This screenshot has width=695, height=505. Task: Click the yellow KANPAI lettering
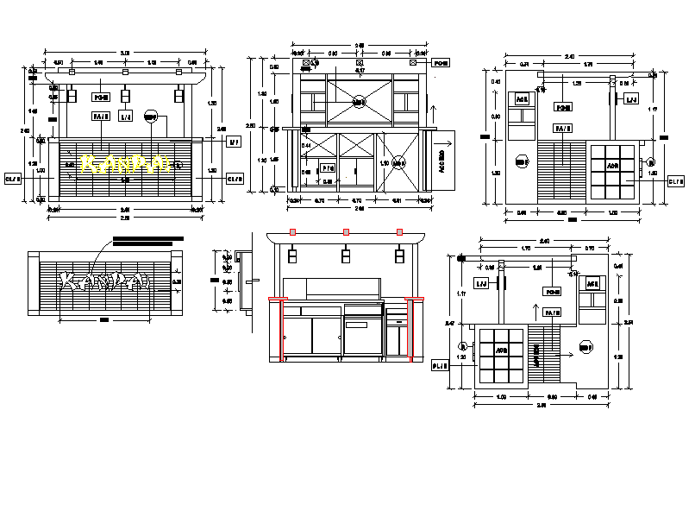tap(123, 162)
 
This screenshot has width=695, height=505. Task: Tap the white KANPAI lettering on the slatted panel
tap(105, 281)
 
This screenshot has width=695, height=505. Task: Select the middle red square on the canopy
tap(346, 232)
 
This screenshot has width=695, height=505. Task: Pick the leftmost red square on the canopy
tap(293, 232)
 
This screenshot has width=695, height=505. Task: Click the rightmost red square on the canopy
tap(399, 232)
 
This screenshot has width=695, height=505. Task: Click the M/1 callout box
tap(232, 142)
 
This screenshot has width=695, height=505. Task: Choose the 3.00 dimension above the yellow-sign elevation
tap(125, 54)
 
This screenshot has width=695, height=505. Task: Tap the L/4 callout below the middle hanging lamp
tap(126, 117)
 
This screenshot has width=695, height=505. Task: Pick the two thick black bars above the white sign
tap(147, 241)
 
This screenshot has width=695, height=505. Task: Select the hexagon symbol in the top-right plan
tap(522, 160)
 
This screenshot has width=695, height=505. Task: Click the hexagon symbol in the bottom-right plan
tap(585, 347)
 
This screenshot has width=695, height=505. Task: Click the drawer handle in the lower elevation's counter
tap(396, 321)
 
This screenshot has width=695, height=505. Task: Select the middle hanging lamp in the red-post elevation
tap(346, 256)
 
